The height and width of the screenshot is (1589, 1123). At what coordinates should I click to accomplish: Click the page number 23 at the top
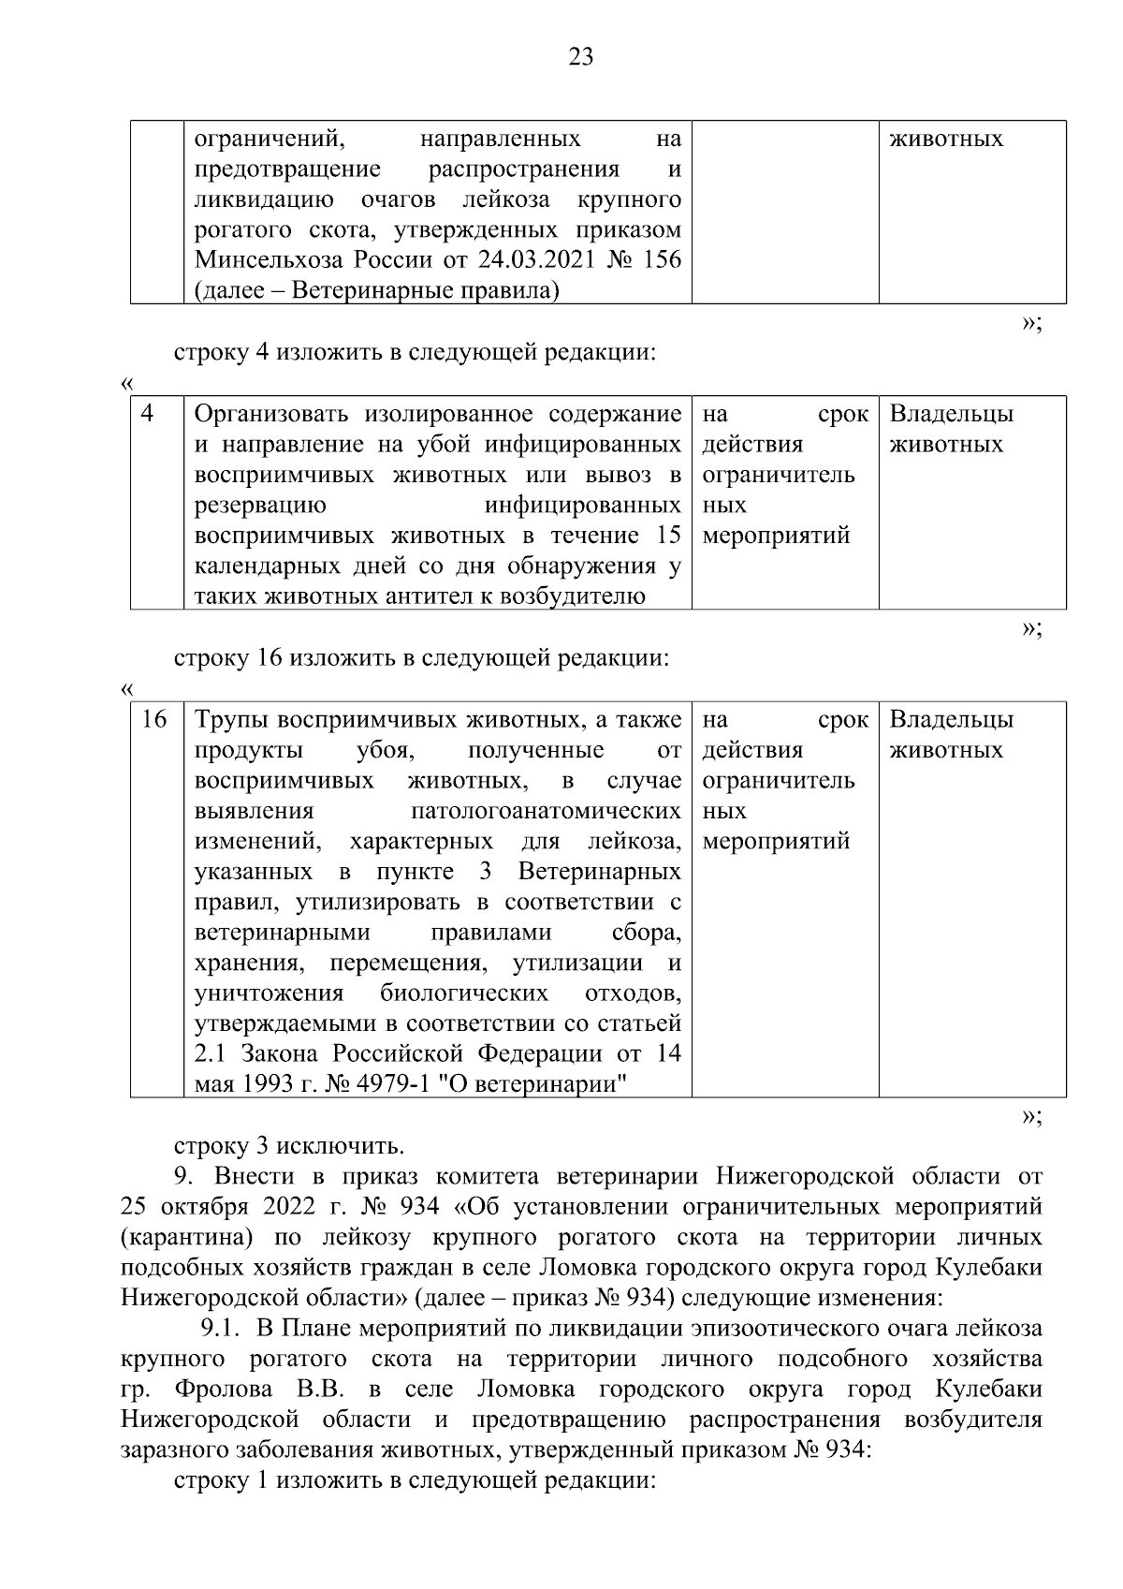pos(580,58)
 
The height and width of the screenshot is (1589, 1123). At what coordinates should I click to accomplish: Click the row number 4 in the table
pos(148,413)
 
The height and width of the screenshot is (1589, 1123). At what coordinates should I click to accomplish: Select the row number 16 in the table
pos(153,719)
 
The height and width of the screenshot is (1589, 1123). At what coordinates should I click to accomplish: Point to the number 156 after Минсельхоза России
pos(662,260)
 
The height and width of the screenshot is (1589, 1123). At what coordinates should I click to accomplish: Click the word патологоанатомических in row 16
pos(545,810)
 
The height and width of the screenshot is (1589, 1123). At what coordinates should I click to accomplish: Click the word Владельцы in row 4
pos(951,414)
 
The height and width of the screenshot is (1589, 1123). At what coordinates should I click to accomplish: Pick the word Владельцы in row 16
pos(951,719)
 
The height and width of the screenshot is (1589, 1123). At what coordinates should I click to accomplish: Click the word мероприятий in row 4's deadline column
pos(776,536)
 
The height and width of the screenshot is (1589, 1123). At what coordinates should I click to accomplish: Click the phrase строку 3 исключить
pos(289,1146)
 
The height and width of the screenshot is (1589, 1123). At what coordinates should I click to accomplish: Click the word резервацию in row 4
pos(259,506)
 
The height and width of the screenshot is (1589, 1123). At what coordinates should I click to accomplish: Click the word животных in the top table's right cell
pos(945,139)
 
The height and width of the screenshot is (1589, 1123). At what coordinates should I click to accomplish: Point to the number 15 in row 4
pos(668,536)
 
